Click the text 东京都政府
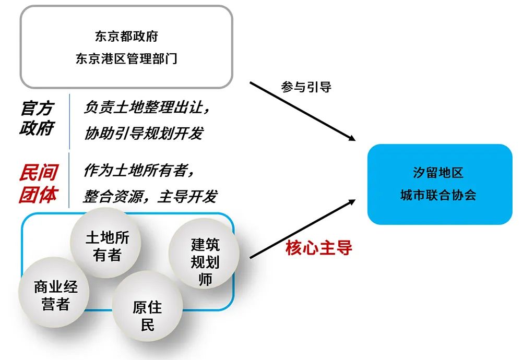click(126, 37)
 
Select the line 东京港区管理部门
click(126, 58)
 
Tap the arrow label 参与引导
click(306, 87)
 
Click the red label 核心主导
click(319, 248)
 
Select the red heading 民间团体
click(38, 183)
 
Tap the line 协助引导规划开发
click(144, 133)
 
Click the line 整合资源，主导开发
click(150, 196)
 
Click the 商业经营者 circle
click(55, 295)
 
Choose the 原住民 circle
click(148, 315)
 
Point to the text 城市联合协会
click(438, 196)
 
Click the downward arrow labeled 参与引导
click(303, 111)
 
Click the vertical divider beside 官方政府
click(69, 121)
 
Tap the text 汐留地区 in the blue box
click(438, 173)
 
